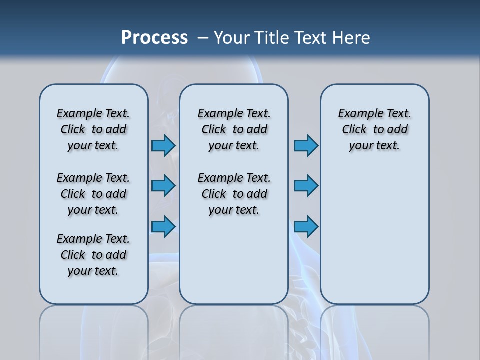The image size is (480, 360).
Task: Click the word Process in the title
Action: pyautogui.click(x=154, y=38)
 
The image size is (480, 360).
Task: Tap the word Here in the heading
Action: pyautogui.click(x=352, y=38)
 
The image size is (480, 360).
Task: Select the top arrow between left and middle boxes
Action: pyautogui.click(x=163, y=146)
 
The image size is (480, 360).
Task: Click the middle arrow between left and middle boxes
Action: pyautogui.click(x=163, y=186)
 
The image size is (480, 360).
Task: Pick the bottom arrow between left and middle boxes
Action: pyautogui.click(x=163, y=227)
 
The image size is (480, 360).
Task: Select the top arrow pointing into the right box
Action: pyautogui.click(x=306, y=146)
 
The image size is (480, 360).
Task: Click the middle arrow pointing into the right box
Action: pyautogui.click(x=306, y=186)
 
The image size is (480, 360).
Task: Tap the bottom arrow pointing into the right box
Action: pyautogui.click(x=306, y=227)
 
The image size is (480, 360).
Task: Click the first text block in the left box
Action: pyautogui.click(x=93, y=129)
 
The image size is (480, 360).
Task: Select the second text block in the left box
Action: pyautogui.click(x=93, y=194)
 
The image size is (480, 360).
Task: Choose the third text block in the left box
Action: pyautogui.click(x=93, y=255)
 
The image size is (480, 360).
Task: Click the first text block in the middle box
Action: pyautogui.click(x=234, y=129)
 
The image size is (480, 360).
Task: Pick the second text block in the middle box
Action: pyautogui.click(x=234, y=194)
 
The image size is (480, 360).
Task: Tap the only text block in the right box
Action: pyautogui.click(x=374, y=129)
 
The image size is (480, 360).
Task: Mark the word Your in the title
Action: pyautogui.click(x=232, y=38)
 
